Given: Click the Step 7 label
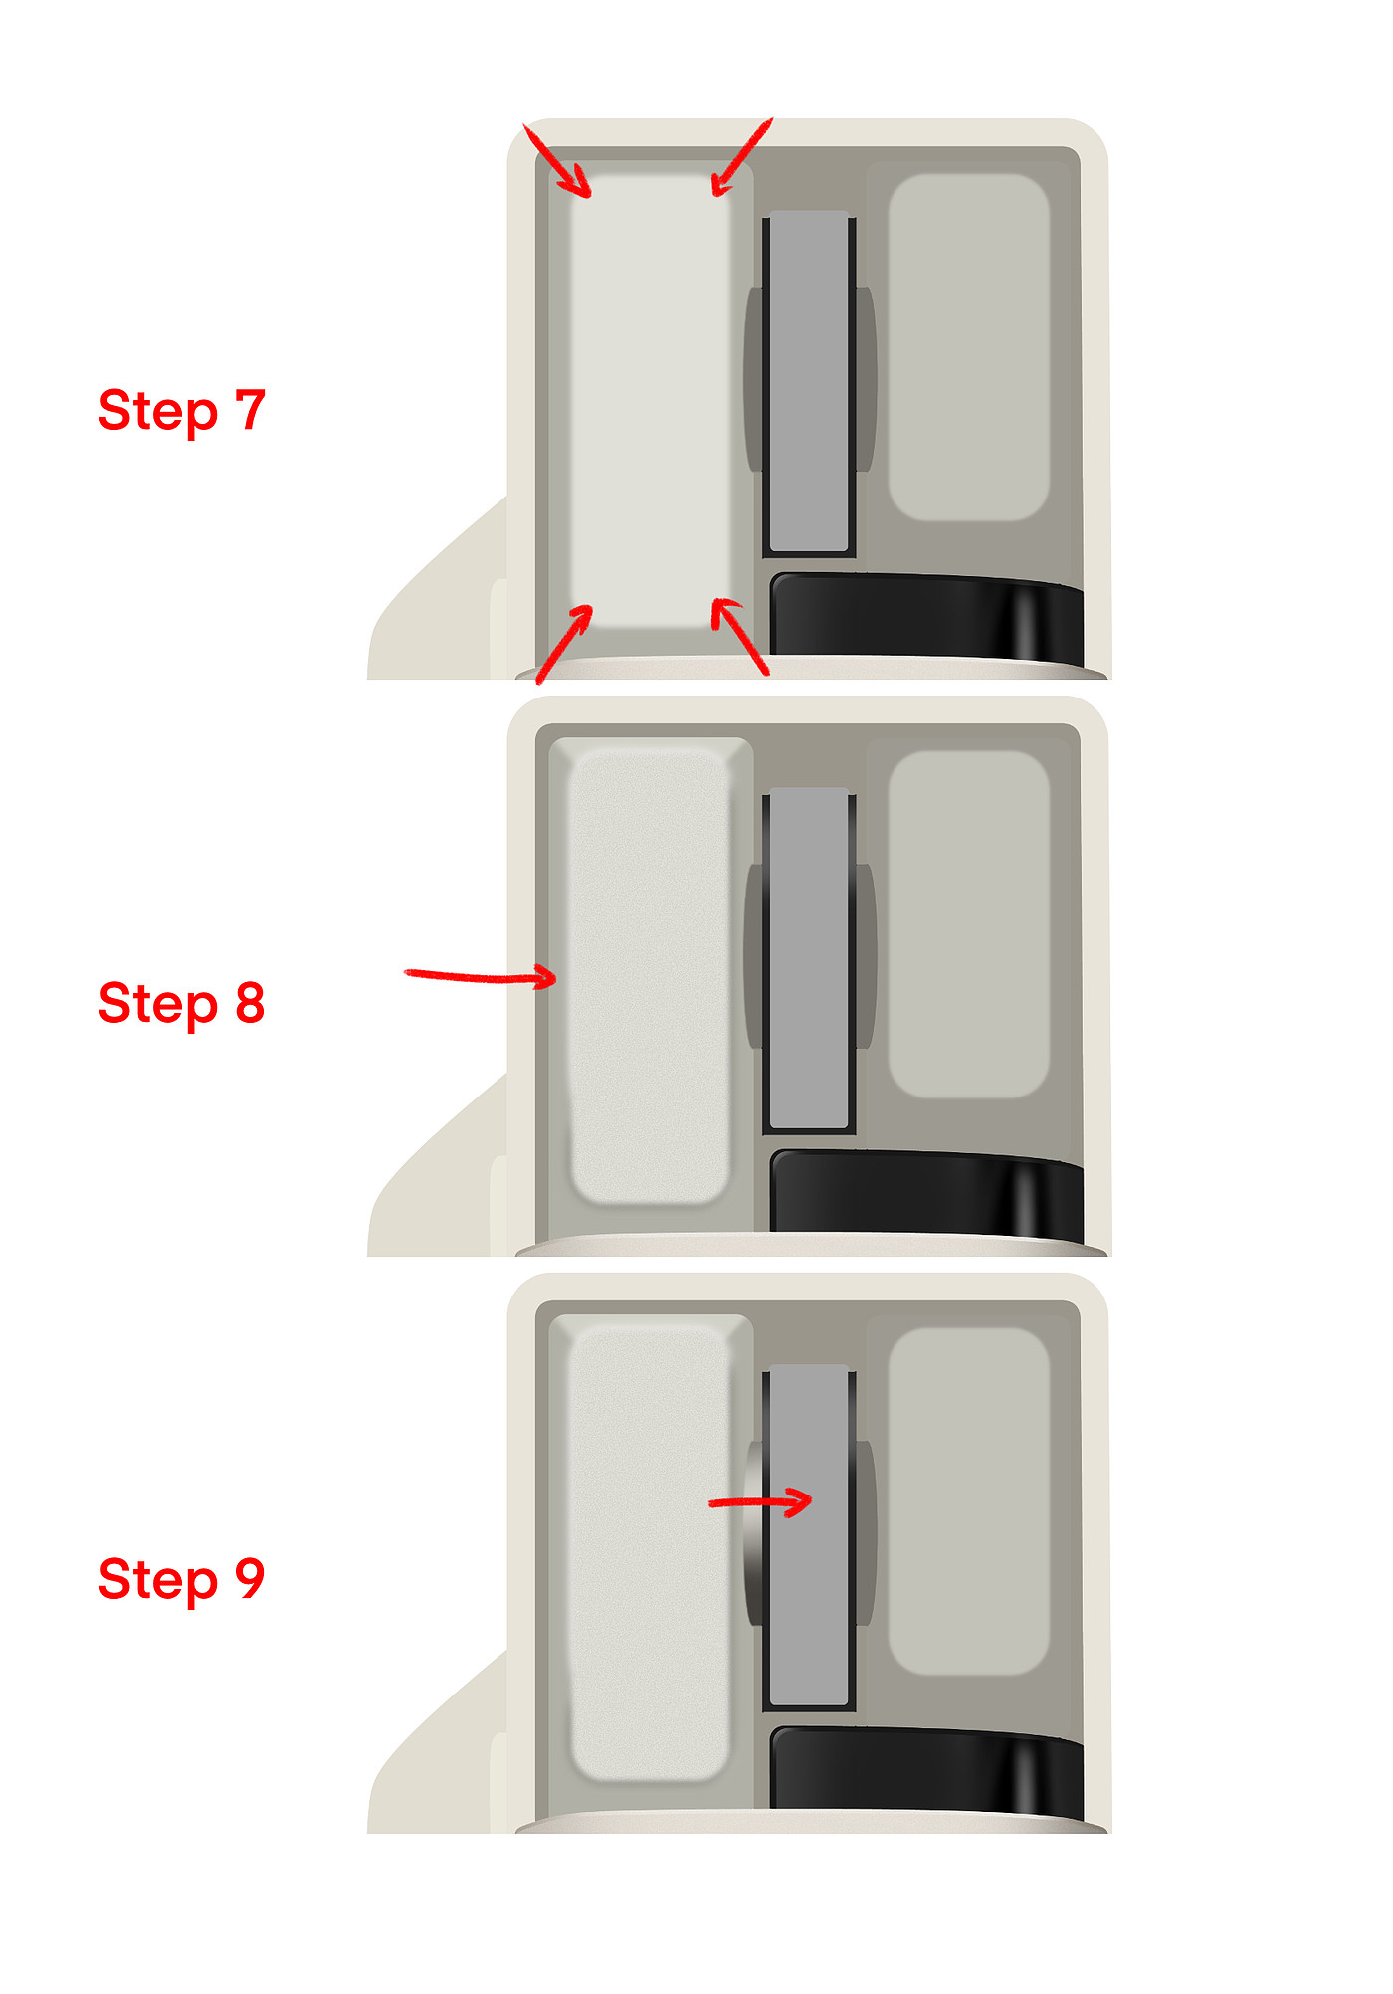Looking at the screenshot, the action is tap(182, 411).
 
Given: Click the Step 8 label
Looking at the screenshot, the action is tap(182, 1003).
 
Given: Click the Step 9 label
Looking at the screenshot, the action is tap(182, 1579).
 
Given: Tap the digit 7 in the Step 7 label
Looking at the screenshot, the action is tap(251, 409).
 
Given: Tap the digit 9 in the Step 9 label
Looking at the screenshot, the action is tap(251, 1578).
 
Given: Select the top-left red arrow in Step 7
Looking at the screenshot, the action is tap(557, 161).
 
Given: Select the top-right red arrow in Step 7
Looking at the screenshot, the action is tap(741, 157).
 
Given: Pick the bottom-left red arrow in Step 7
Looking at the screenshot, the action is tap(564, 644).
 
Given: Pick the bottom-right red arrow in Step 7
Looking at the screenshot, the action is tap(740, 637).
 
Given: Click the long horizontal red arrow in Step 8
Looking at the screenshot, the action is tap(480, 976).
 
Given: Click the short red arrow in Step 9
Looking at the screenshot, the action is tap(761, 1501).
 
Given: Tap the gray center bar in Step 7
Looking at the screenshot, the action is tap(809, 381).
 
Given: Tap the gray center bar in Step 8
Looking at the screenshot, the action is tap(809, 958).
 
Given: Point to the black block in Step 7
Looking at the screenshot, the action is tap(927, 616).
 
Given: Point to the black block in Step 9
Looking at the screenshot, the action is tap(927, 1768).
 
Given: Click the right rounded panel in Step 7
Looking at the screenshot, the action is tap(969, 347).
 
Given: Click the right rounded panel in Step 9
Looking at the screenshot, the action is tap(969, 1500).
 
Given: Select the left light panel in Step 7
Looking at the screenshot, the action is tap(651, 401).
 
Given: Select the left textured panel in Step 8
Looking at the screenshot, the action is tap(649, 976).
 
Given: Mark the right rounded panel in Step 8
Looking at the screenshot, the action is tap(969, 924).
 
